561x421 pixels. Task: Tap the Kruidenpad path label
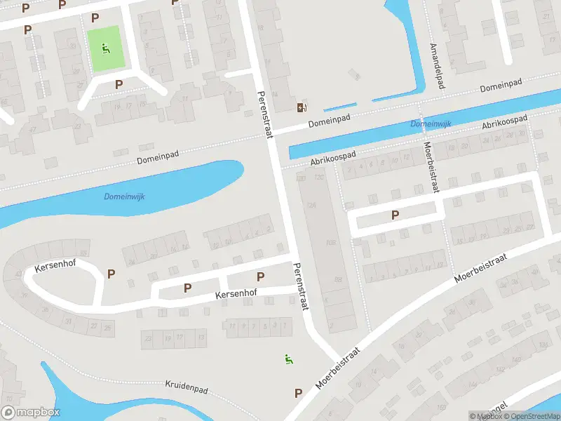click(x=188, y=385)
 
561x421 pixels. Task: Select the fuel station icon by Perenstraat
click(x=302, y=107)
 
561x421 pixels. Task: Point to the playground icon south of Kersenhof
click(x=288, y=359)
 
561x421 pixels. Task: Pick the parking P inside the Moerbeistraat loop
click(x=395, y=215)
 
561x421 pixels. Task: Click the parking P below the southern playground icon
click(x=299, y=393)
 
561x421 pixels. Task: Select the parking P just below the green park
click(x=119, y=84)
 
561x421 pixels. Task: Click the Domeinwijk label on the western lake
click(x=125, y=196)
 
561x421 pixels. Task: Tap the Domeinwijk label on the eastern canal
click(x=431, y=124)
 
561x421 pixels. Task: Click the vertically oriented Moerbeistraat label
click(x=428, y=169)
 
